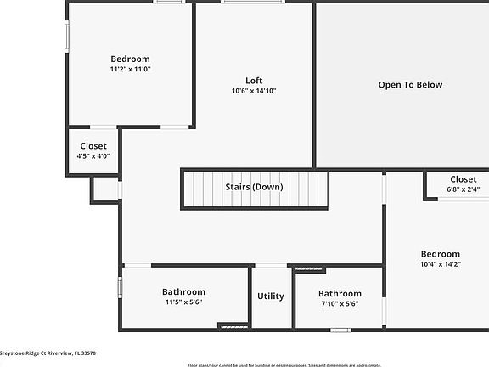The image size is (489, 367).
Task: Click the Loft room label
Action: click(x=254, y=81)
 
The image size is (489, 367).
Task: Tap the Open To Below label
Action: click(x=410, y=85)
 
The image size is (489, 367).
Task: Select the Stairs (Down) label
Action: click(x=254, y=187)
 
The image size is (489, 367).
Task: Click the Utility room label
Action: click(x=271, y=296)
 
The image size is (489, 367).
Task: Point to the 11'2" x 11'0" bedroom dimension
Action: click(x=130, y=69)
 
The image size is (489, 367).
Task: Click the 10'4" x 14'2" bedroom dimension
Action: click(x=441, y=264)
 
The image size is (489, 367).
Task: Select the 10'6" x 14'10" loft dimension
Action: click(x=254, y=91)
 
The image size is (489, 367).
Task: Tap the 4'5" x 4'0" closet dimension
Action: click(x=93, y=156)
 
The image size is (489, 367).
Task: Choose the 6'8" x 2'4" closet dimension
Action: click(x=463, y=189)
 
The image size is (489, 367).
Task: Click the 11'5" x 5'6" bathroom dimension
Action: click(x=183, y=302)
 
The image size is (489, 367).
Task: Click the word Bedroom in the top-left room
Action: click(x=130, y=59)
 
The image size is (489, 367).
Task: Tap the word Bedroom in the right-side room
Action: click(x=441, y=254)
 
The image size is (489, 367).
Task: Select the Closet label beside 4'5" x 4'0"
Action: click(x=93, y=146)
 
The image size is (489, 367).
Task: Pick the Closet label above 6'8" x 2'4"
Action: click(x=463, y=179)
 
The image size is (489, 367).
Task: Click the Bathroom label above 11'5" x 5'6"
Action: click(x=183, y=291)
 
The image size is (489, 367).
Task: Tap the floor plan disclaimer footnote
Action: click(x=338, y=364)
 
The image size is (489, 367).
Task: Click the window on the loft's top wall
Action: click(x=253, y=2)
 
